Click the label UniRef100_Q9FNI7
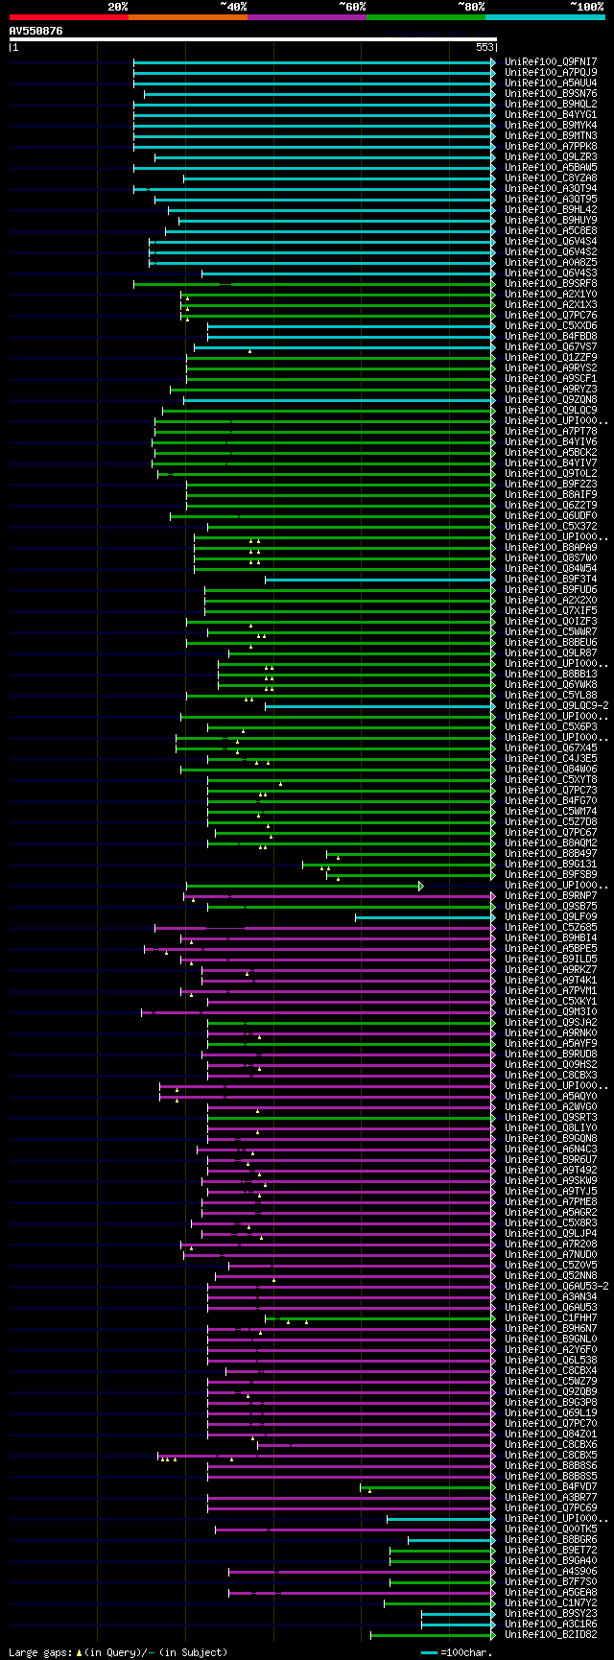[x=551, y=61]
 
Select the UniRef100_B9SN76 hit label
[x=551, y=93]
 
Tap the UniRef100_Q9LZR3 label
[x=551, y=156]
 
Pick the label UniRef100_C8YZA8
[x=551, y=178]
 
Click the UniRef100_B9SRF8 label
[x=551, y=283]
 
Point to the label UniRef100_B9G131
[x=551, y=864]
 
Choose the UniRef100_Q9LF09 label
[x=551, y=916]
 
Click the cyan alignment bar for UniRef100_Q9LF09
[x=422, y=916]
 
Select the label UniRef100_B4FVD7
[x=551, y=1486]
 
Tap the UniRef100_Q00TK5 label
[x=551, y=1529]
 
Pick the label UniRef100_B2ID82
[x=551, y=1634]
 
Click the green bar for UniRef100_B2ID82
[x=432, y=1634]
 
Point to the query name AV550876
[x=36, y=31]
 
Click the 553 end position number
[x=484, y=47]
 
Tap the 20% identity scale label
[x=117, y=7]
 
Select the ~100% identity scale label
[x=586, y=7]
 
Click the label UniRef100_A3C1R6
[x=551, y=1624]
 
